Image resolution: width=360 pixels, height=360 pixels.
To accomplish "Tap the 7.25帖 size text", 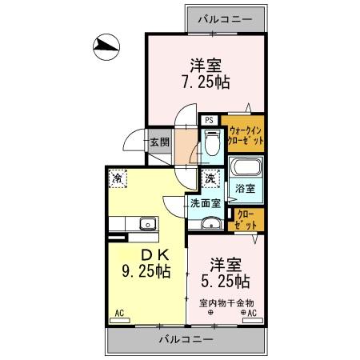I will [x=205, y=81].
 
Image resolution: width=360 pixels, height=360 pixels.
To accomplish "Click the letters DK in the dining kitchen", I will [x=144, y=255].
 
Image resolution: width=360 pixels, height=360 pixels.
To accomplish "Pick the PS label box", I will [x=209, y=121].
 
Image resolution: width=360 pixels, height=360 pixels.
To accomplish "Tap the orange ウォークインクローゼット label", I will [x=246, y=134].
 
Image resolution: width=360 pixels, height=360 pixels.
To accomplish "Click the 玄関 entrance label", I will [x=158, y=143].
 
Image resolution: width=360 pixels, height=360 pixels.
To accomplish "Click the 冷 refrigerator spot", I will [x=118, y=178].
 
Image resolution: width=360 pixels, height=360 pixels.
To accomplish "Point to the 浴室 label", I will [x=245, y=190].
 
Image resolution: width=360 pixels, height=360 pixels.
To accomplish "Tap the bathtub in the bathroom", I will [x=245, y=170].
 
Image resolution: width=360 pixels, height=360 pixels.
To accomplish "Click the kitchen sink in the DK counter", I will [x=147, y=225].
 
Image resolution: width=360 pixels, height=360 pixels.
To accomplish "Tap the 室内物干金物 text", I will [x=226, y=302].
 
